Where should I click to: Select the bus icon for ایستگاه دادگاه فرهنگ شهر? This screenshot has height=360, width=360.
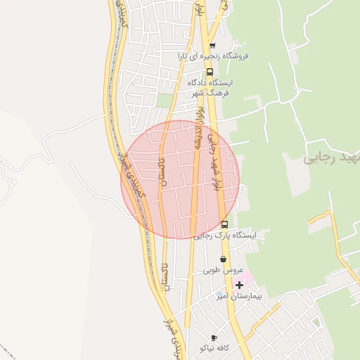pyautogui.click(x=209, y=72)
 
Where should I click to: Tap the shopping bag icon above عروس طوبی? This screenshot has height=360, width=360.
pyautogui.click(x=223, y=259)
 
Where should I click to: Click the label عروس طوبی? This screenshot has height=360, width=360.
pyautogui.click(x=223, y=269)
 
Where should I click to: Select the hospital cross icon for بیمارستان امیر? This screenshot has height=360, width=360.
pyautogui.click(x=240, y=285)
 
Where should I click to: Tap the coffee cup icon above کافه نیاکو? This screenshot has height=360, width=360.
pyautogui.click(x=214, y=337)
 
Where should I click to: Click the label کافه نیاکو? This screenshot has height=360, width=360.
pyautogui.click(x=214, y=348)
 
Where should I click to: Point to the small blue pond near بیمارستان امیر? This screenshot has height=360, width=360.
pyautogui.click(x=219, y=294)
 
